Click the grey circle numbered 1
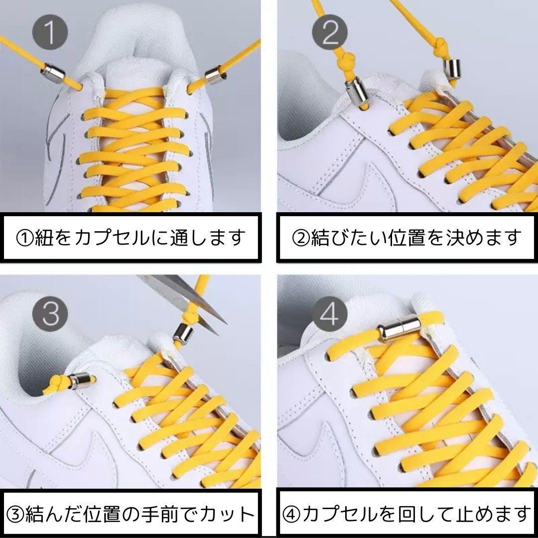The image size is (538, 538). click(x=50, y=32)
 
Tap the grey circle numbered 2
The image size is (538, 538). click(x=330, y=32)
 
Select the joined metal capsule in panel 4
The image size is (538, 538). click(x=399, y=329)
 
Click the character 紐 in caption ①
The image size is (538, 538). click(x=44, y=238)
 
